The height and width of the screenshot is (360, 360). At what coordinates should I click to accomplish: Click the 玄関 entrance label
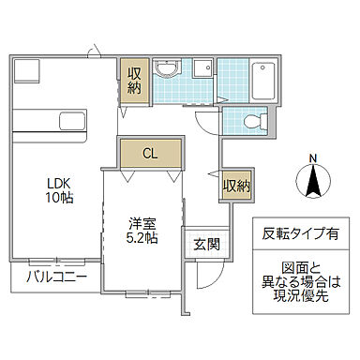click(x=205, y=245)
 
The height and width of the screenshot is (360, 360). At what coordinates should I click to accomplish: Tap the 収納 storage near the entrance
click(x=236, y=185)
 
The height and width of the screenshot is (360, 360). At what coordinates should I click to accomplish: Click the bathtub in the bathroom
click(x=262, y=81)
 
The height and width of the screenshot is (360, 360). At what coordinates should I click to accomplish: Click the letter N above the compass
click(x=312, y=156)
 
